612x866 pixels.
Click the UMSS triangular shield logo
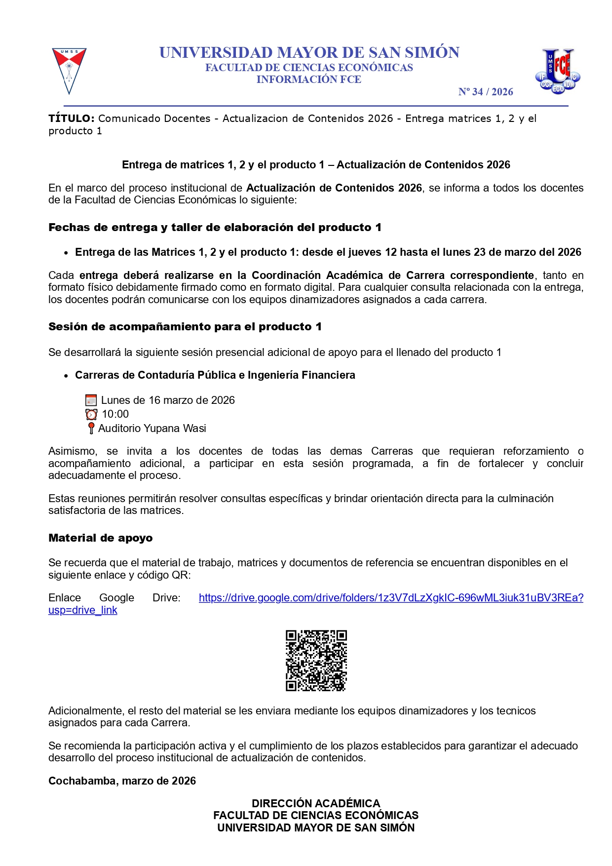pyautogui.click(x=69, y=70)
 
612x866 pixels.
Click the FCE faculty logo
pyautogui.click(x=558, y=71)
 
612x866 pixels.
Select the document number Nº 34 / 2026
pyautogui.click(x=485, y=92)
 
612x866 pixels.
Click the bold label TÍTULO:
pyautogui.click(x=71, y=118)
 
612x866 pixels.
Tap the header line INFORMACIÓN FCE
pyautogui.click(x=308, y=79)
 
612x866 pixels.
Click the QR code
pyautogui.click(x=316, y=660)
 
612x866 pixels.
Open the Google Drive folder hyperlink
pyautogui.click(x=390, y=598)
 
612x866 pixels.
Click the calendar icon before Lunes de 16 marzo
pyautogui.click(x=91, y=400)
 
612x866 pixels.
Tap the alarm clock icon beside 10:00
pyautogui.click(x=91, y=414)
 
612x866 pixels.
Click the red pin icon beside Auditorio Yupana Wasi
pyautogui.click(x=91, y=428)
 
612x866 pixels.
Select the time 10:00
pyautogui.click(x=115, y=414)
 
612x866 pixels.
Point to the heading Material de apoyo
pyautogui.click(x=100, y=538)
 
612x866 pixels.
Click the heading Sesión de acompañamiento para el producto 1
pyautogui.click(x=185, y=327)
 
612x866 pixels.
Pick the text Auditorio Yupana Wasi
pyautogui.click(x=152, y=429)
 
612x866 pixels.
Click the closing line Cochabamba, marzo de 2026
pyautogui.click(x=122, y=781)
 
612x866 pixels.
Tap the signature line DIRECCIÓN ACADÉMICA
pyautogui.click(x=316, y=803)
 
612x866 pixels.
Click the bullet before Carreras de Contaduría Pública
pyautogui.click(x=66, y=376)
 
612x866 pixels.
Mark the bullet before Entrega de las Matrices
pyautogui.click(x=66, y=253)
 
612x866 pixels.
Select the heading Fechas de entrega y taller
pyautogui.click(x=215, y=228)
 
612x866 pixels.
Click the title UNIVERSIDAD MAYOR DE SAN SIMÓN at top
pyautogui.click(x=309, y=52)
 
